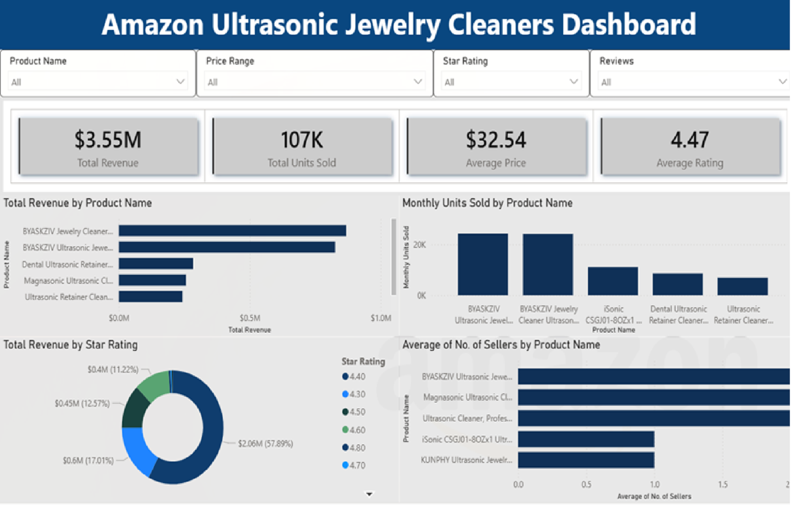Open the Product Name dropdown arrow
[x=180, y=82]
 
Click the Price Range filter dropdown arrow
[x=418, y=82]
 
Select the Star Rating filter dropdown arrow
[x=573, y=82]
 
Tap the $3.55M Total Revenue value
[x=108, y=140]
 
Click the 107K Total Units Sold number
[x=302, y=140]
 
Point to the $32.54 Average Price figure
[x=496, y=140]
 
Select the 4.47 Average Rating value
[x=690, y=140]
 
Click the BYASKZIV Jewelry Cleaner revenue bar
[x=232, y=231]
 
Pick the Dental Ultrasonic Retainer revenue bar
[x=156, y=264]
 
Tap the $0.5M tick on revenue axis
[x=250, y=318]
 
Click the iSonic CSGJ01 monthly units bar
[x=613, y=281]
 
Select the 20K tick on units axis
[x=419, y=245]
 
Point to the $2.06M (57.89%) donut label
[x=265, y=444]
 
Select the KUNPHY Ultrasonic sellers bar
[x=586, y=460]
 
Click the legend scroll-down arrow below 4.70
[x=369, y=494]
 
